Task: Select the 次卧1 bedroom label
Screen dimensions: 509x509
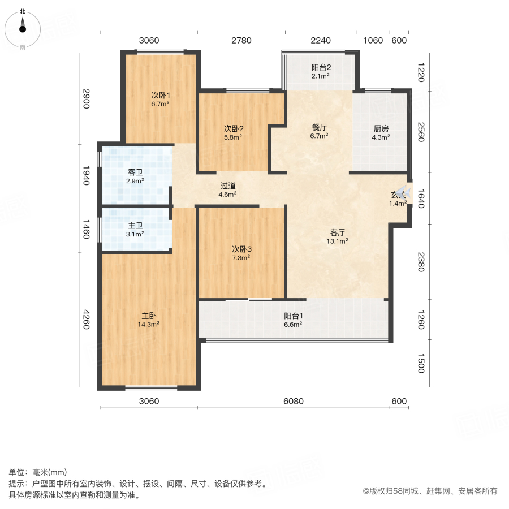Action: [160, 95]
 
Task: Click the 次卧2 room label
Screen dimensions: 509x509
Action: [233, 128]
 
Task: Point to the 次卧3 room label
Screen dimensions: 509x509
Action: [241, 248]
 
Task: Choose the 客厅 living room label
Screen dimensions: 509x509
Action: [339, 232]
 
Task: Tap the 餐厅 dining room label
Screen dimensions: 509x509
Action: [319, 127]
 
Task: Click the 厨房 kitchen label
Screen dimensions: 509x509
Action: [380, 128]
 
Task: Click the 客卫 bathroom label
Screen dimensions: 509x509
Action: [135, 172]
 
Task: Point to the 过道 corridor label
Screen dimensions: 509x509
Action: [227, 185]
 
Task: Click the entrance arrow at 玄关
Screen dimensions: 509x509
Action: [402, 192]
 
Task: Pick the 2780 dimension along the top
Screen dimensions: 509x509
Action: [241, 40]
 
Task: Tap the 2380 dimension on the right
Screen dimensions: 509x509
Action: [420, 261]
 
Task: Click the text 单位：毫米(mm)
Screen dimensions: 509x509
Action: [38, 472]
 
